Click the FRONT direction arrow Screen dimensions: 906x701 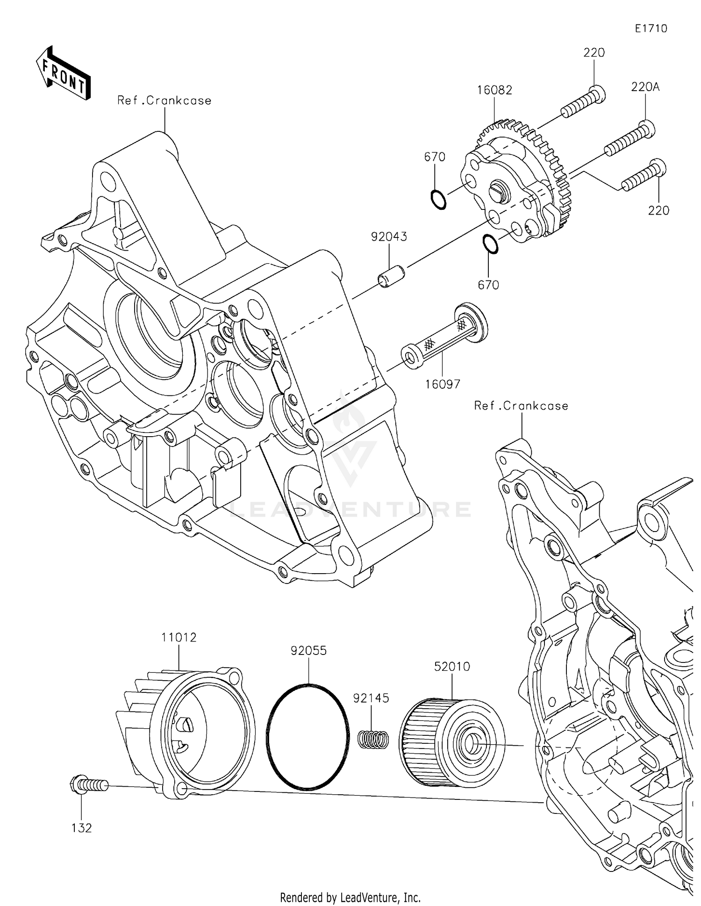tap(63, 74)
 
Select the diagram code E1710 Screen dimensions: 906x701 tap(651, 29)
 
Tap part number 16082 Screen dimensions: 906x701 tap(494, 90)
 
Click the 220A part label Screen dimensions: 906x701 tap(645, 87)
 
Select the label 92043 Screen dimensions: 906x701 tap(389, 237)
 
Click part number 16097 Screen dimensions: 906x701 tap(443, 384)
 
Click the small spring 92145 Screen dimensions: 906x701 tap(373, 739)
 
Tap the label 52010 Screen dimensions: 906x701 tap(452, 667)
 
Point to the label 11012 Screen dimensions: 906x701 tap(179, 637)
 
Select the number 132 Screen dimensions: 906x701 tap(82, 828)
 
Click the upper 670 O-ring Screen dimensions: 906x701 tap(438, 200)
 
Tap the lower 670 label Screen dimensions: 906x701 tap(488, 285)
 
